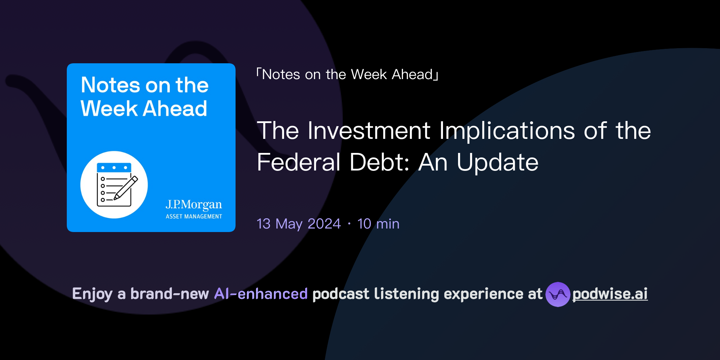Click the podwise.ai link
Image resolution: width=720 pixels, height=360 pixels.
610,294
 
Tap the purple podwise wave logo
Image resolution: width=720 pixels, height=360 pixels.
558,294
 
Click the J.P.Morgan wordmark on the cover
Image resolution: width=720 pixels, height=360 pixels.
194,204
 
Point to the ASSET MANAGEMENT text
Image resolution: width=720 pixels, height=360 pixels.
194,217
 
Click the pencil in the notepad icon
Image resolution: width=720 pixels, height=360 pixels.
126,188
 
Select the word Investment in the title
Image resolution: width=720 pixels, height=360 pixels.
369,131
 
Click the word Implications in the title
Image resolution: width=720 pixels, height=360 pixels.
507,131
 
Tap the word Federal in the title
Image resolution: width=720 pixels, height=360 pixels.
298,162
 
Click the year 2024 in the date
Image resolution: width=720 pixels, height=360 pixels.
324,224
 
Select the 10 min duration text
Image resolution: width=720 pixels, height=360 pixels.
378,224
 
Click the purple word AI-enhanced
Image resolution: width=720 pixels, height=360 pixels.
261,294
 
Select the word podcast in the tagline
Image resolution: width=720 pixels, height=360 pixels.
341,294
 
